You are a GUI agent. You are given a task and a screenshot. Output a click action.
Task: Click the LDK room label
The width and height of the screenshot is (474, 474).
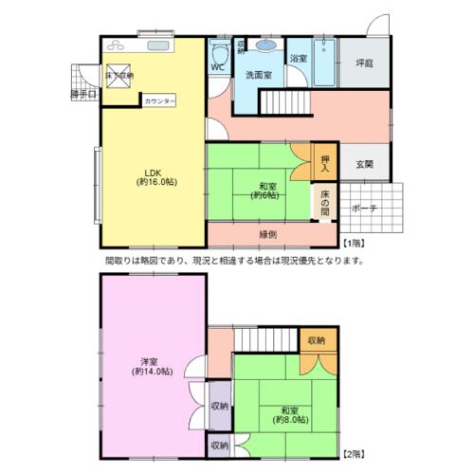click(152, 172)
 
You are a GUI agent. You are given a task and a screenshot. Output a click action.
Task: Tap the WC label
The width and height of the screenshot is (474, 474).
click(216, 67)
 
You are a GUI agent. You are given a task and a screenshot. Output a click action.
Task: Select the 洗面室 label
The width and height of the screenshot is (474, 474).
click(259, 74)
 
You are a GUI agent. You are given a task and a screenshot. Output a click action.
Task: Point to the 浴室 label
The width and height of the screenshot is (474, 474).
click(298, 59)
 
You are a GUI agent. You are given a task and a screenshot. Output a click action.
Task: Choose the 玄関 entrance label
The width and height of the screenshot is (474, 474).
click(364, 164)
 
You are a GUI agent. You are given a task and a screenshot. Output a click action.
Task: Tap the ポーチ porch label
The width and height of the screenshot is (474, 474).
click(365, 208)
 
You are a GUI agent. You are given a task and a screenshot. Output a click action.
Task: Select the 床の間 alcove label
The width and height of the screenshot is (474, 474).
click(324, 199)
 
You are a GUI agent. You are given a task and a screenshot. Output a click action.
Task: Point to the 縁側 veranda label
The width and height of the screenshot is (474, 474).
click(267, 234)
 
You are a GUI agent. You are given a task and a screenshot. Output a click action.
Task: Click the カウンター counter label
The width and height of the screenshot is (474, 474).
click(159, 100)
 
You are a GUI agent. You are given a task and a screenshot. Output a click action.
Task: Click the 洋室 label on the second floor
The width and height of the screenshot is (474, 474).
click(150, 361)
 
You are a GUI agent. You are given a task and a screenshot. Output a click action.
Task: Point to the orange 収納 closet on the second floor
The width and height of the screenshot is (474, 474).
click(317, 339)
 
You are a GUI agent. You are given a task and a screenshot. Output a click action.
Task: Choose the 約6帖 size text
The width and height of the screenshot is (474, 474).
click(265, 196)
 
